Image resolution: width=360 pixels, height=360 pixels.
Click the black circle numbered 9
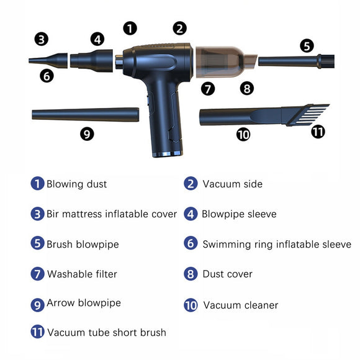pos(88,133)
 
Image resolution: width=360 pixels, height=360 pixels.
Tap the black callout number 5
pos(307,45)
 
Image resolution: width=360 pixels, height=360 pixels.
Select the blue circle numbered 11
pos(38,332)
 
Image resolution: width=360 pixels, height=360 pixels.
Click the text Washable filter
pos(82,274)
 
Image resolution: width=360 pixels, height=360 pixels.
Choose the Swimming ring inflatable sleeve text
pos(276,244)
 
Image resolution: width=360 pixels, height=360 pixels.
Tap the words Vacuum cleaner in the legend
pos(240,305)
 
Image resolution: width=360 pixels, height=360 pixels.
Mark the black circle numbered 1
pos(130,28)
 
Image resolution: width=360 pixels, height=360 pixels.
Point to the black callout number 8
pos(247,88)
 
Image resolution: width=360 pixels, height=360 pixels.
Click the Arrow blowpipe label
pos(84,303)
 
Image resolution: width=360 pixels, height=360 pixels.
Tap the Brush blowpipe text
pos(83,244)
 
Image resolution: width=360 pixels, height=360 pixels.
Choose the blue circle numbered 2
pos(191,184)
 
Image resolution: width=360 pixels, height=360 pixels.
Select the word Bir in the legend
pos(53,214)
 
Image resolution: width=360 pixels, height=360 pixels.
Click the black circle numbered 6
pos(47,76)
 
